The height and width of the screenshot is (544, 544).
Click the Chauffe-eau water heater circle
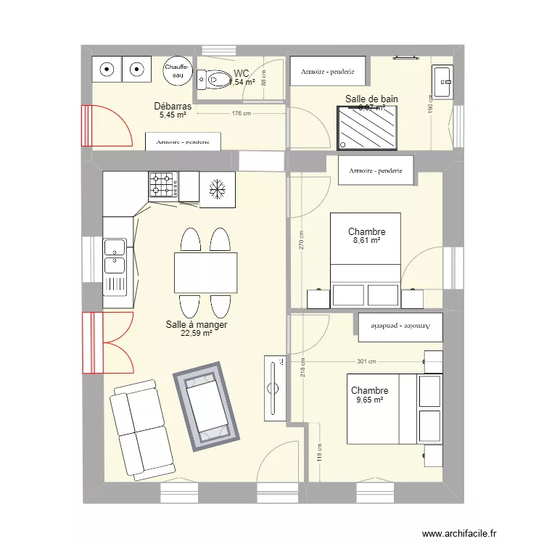(x=177, y=70)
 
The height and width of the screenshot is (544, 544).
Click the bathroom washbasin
(x=442, y=81)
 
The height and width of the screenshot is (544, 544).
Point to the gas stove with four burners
(x=163, y=185)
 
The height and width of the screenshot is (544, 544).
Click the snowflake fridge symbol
(x=217, y=190)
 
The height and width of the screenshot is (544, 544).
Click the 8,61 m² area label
(x=366, y=241)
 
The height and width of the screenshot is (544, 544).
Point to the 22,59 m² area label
(x=196, y=334)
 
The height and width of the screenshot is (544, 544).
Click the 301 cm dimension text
(x=366, y=361)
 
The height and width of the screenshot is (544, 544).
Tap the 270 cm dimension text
(x=302, y=241)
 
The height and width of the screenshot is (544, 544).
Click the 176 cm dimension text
(x=241, y=113)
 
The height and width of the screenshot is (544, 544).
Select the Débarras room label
(x=173, y=106)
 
